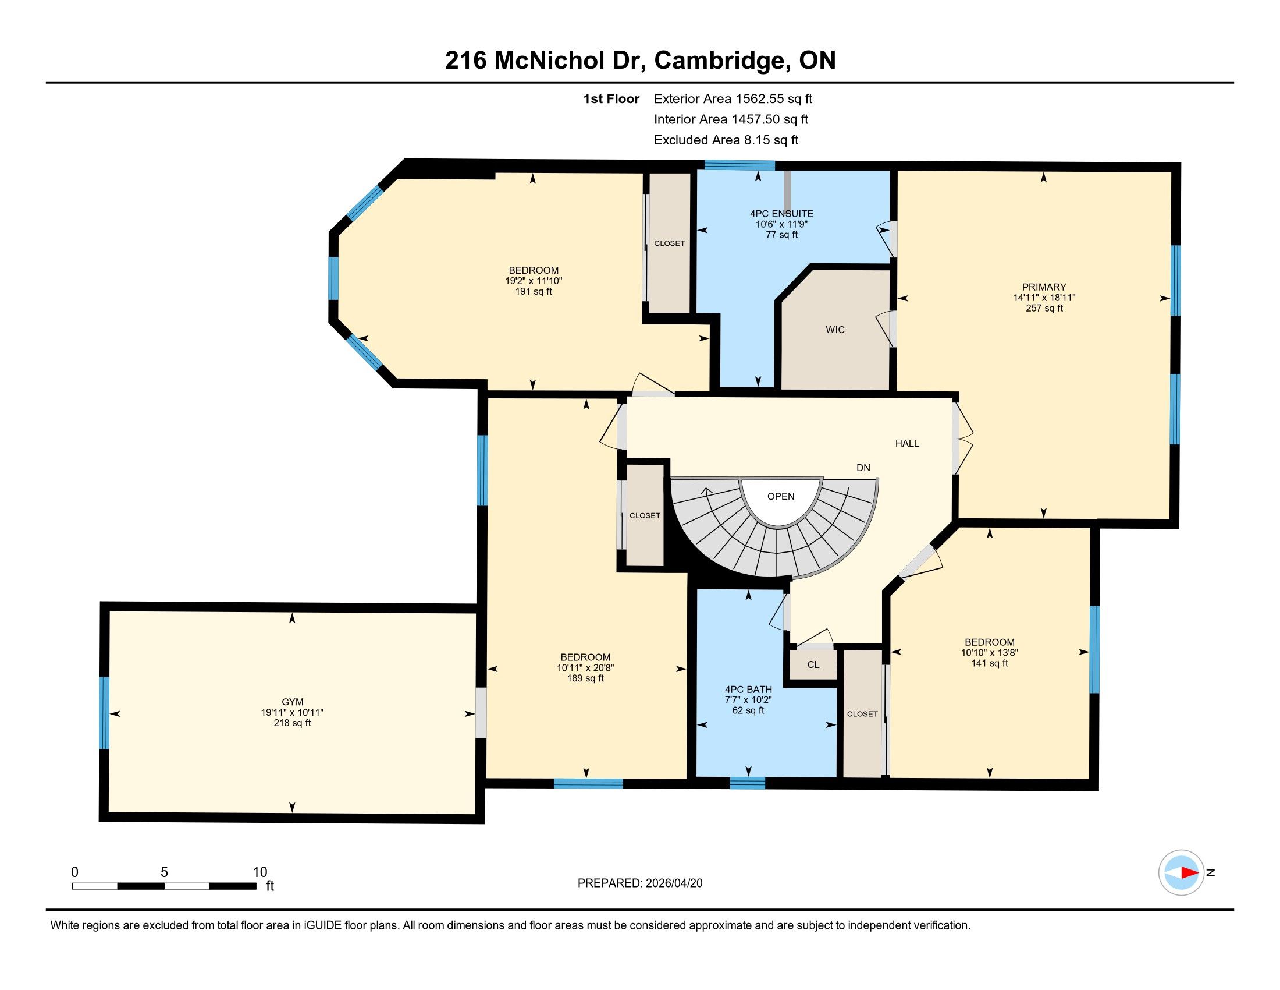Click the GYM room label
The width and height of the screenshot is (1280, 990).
(292, 702)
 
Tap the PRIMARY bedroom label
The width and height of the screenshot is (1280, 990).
(1044, 287)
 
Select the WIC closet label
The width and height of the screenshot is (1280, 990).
(835, 330)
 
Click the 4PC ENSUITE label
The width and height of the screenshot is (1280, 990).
(781, 214)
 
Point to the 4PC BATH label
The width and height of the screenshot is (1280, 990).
(748, 689)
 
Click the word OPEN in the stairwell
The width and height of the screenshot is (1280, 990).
(781, 496)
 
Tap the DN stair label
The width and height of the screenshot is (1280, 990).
(863, 468)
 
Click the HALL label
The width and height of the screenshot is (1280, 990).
(906, 443)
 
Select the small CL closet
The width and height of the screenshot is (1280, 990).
(813, 664)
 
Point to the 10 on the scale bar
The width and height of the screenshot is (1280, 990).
(259, 872)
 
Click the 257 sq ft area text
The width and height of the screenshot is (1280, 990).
(1044, 308)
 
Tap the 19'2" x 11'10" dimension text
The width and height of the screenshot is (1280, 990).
(534, 281)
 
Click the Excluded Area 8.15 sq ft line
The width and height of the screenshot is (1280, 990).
(726, 140)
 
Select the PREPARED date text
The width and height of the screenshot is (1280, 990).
(640, 883)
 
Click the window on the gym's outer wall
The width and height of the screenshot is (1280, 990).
(104, 713)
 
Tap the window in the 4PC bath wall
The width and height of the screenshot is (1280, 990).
(747, 783)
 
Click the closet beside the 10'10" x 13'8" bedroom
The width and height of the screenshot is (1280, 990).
(863, 714)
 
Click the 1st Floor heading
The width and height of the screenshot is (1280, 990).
(611, 98)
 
